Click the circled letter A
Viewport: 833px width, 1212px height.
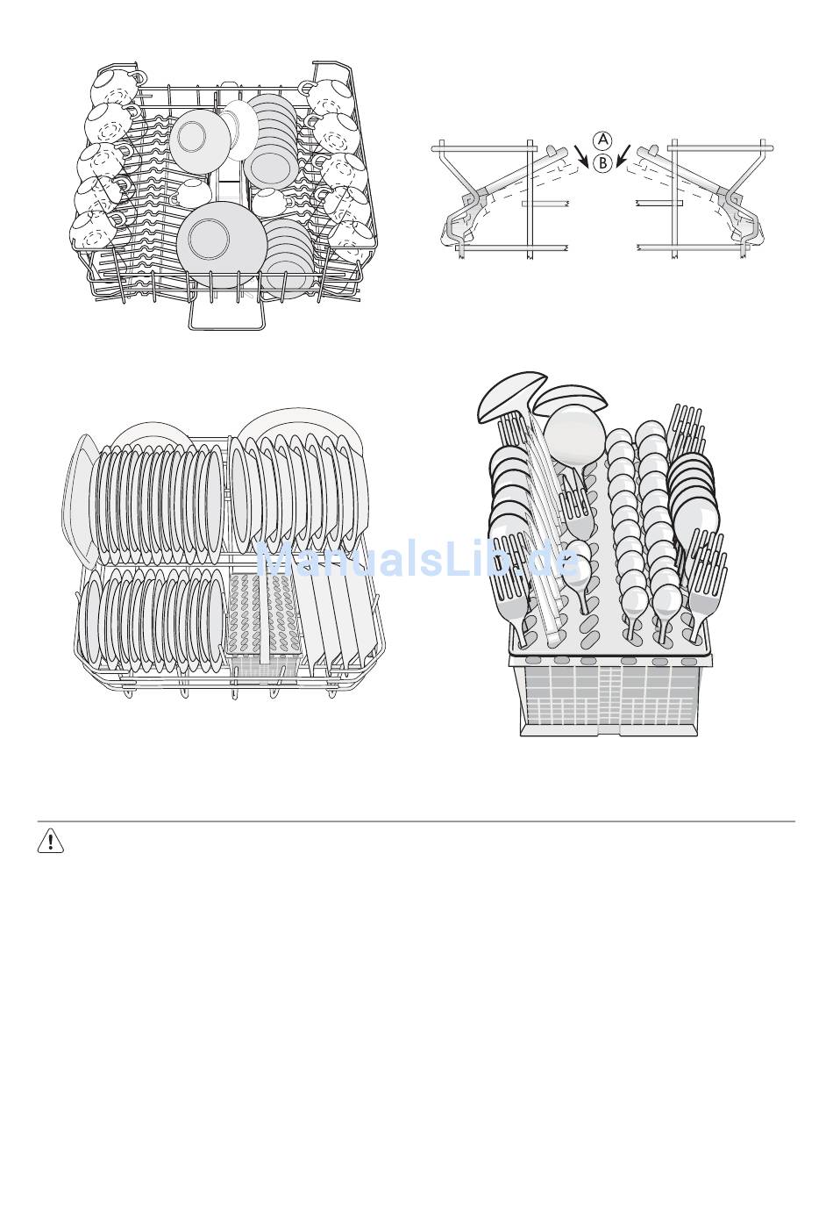601,140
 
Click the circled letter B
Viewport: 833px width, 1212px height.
601,162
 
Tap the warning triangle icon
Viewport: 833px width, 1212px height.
52,843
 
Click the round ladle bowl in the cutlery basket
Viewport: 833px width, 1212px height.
574,436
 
